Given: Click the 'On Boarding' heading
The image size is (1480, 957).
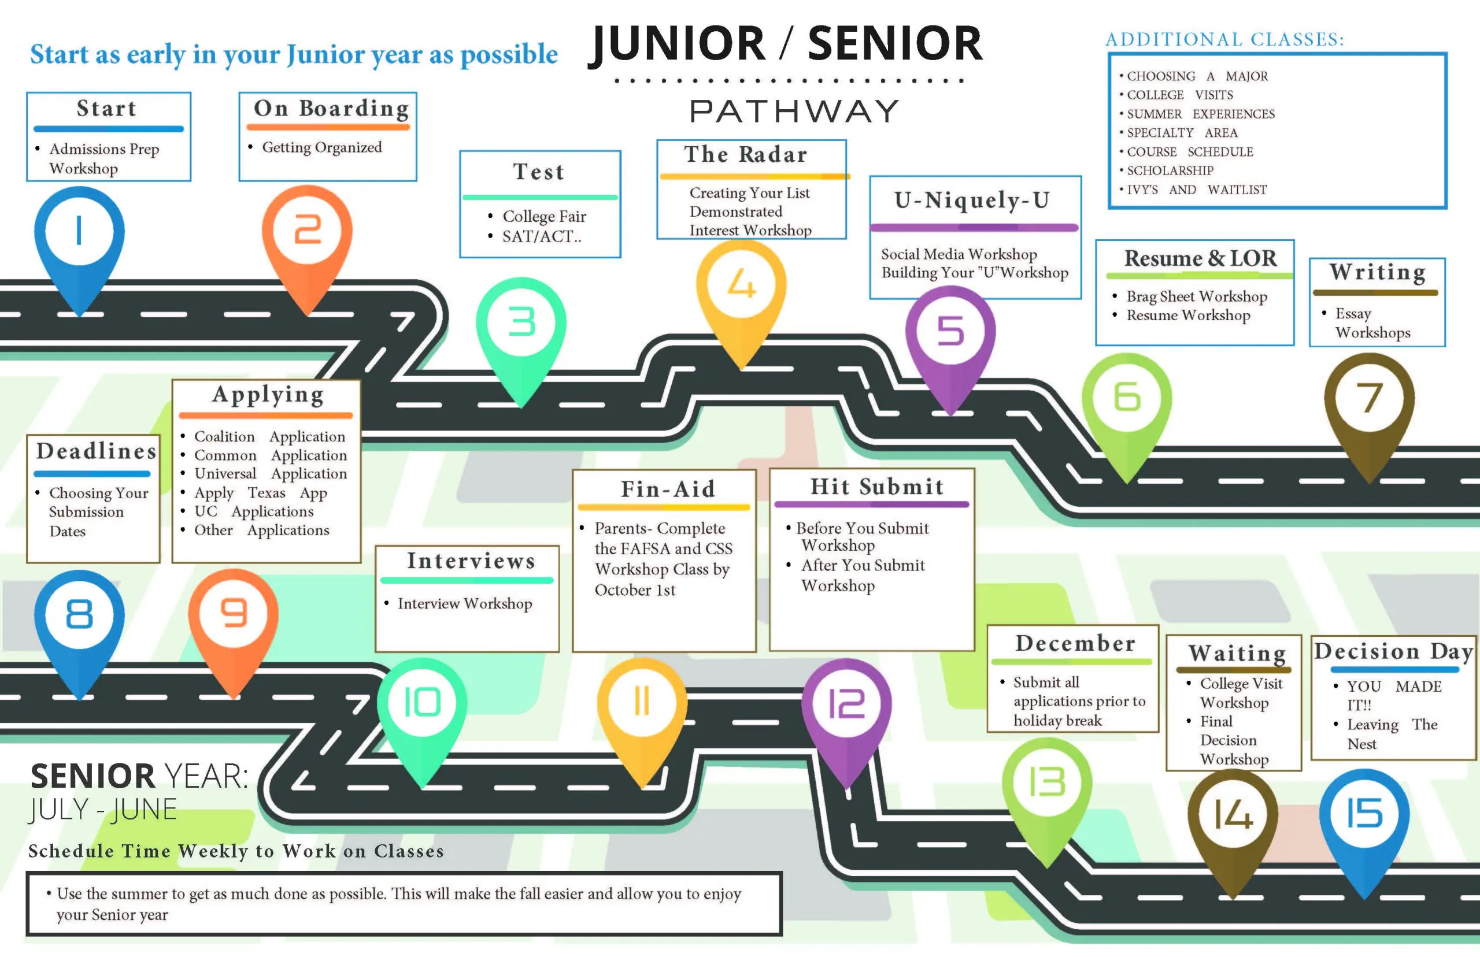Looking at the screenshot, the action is pyautogui.click(x=331, y=108).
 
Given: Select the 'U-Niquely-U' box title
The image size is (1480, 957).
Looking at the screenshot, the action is pyautogui.click(x=972, y=200).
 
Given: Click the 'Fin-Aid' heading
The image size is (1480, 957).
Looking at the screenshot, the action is pyautogui.click(x=668, y=489).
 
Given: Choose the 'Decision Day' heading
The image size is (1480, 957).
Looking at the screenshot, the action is pyautogui.click(x=1394, y=651).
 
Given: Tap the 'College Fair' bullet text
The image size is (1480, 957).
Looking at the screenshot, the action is pyautogui.click(x=544, y=216).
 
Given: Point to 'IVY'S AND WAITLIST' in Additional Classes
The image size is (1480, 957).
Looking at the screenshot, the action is pyautogui.click(x=1197, y=190).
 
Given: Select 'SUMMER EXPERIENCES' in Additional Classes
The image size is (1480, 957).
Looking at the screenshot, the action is pyautogui.click(x=1200, y=114).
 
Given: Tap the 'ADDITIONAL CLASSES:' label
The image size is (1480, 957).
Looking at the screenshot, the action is pyautogui.click(x=1224, y=40).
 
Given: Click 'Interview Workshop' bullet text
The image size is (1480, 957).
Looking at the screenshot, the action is pyautogui.click(x=464, y=603).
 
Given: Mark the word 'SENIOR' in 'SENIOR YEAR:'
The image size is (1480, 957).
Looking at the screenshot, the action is pyautogui.click(x=92, y=776).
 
